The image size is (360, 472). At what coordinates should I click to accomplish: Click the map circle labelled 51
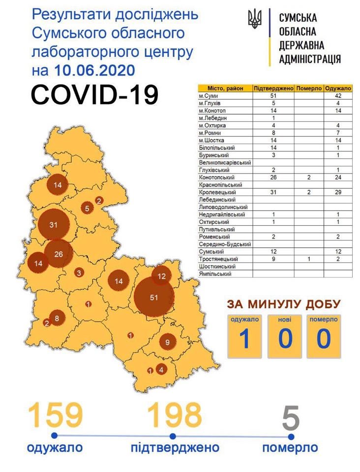click(x=153, y=297)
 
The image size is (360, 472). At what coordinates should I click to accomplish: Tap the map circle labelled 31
click(x=54, y=225)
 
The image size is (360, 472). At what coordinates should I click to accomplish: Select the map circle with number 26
click(x=59, y=254)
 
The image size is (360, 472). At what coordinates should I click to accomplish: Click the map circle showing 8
click(x=57, y=318)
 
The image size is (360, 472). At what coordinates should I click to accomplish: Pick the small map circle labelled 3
click(x=79, y=272)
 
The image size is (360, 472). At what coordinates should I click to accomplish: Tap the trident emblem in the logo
click(x=255, y=20)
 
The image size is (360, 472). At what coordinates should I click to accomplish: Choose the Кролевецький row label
click(x=216, y=193)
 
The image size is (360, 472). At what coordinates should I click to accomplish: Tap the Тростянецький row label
click(x=219, y=259)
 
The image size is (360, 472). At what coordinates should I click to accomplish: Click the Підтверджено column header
click(x=273, y=88)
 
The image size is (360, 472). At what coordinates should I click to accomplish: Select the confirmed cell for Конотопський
click(x=273, y=177)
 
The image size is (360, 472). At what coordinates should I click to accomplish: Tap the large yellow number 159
click(x=55, y=415)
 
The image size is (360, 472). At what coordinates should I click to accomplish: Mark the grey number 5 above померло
click(x=291, y=418)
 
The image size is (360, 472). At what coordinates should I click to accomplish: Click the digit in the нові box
click(x=285, y=339)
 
